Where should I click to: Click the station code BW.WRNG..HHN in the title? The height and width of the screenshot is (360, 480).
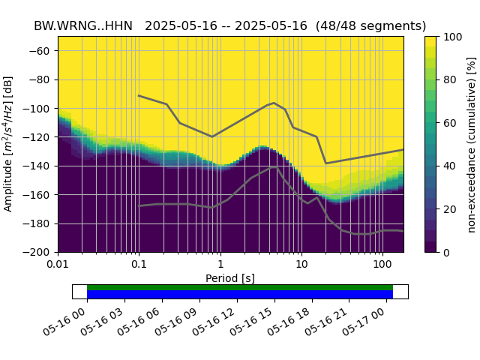pos(83,25)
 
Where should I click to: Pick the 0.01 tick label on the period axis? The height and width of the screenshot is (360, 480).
pos(58,265)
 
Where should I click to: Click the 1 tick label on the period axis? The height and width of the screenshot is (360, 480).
pos(220,265)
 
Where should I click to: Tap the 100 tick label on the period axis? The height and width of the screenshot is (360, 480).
pos(382,265)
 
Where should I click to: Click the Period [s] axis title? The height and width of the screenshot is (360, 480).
pos(230,278)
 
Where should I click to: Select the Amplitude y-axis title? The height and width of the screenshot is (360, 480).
pos(8,144)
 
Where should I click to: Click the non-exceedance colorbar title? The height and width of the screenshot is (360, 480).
pos(471,144)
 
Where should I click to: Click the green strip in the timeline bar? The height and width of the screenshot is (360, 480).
pos(240,287)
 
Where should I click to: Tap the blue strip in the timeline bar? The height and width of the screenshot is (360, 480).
pos(240,295)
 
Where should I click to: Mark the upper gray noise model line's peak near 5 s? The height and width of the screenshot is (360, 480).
pos(274,103)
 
